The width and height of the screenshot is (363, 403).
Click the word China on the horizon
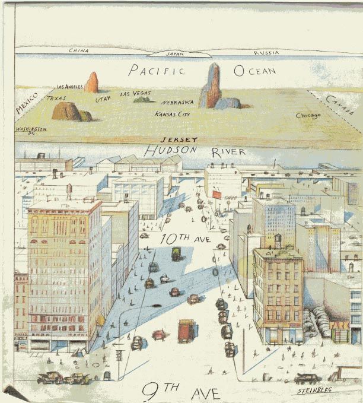(79, 50)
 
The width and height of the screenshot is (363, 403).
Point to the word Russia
(266, 53)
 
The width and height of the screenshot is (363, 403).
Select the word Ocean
(255, 71)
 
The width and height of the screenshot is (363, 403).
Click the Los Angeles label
(70, 87)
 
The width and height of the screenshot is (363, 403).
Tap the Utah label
(103, 99)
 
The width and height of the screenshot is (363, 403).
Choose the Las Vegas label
(135, 93)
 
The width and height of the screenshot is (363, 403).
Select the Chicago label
(308, 115)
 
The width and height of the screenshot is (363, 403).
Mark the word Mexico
(26, 103)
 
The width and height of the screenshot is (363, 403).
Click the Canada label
(339, 106)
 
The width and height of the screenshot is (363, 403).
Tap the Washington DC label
(30, 131)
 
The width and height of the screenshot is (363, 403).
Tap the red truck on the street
(187, 331)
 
